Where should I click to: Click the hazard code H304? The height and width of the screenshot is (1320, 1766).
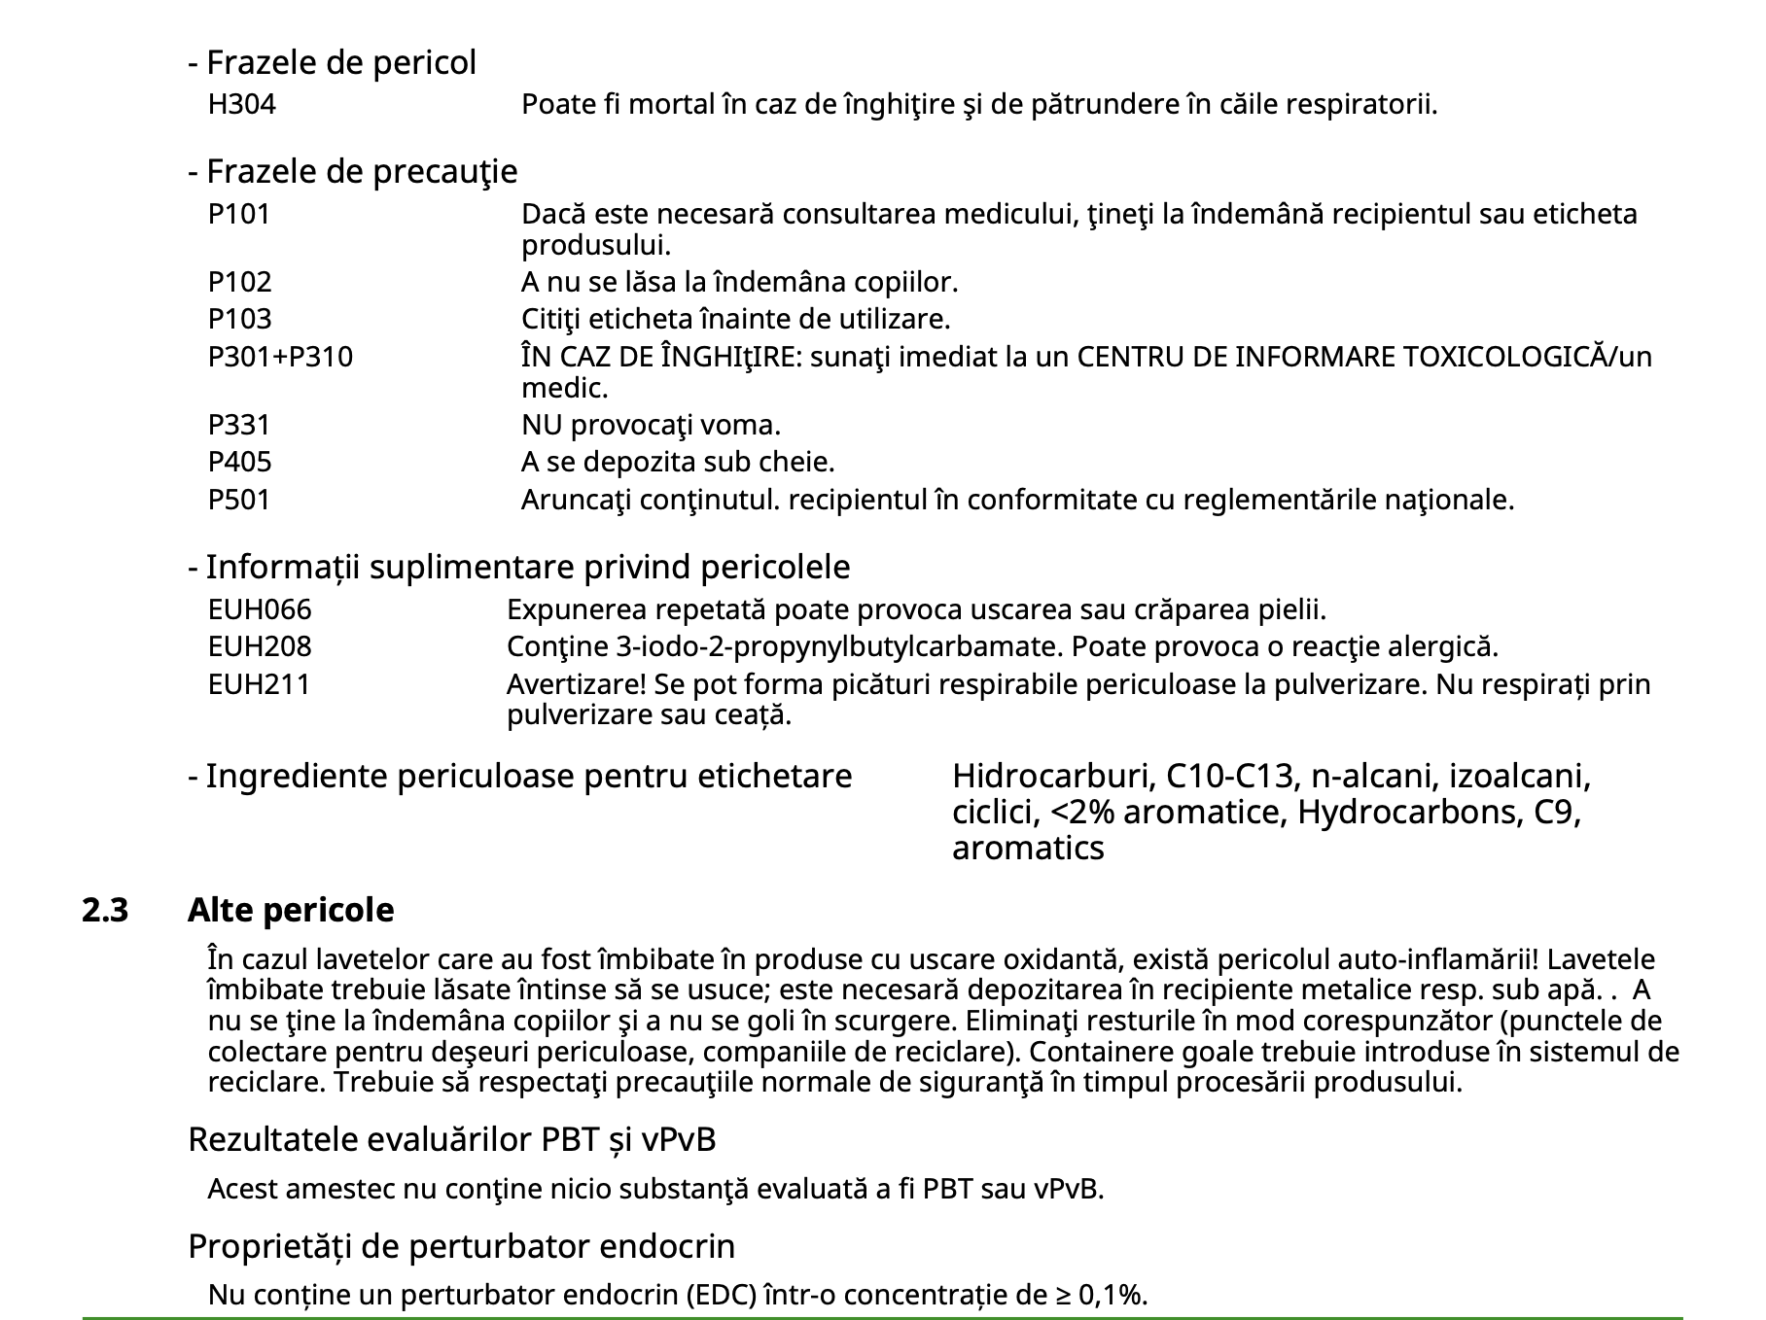click(241, 104)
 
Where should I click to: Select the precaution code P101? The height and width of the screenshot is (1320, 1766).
click(238, 214)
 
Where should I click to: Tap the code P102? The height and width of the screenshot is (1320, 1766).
click(239, 282)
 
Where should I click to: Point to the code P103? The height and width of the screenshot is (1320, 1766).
click(239, 319)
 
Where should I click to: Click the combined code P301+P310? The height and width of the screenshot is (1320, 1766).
click(280, 357)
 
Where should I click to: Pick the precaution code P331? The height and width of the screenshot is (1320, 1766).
click(238, 425)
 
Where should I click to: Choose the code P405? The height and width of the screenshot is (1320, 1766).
click(239, 462)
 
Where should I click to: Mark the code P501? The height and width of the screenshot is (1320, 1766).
click(238, 500)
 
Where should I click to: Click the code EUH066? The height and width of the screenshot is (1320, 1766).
click(260, 609)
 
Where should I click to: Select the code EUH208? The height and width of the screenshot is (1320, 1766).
click(260, 646)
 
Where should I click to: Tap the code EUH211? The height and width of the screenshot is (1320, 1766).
click(259, 684)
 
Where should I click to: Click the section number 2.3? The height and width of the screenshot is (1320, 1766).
click(105, 911)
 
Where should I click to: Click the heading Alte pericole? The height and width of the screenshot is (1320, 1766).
click(291, 911)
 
